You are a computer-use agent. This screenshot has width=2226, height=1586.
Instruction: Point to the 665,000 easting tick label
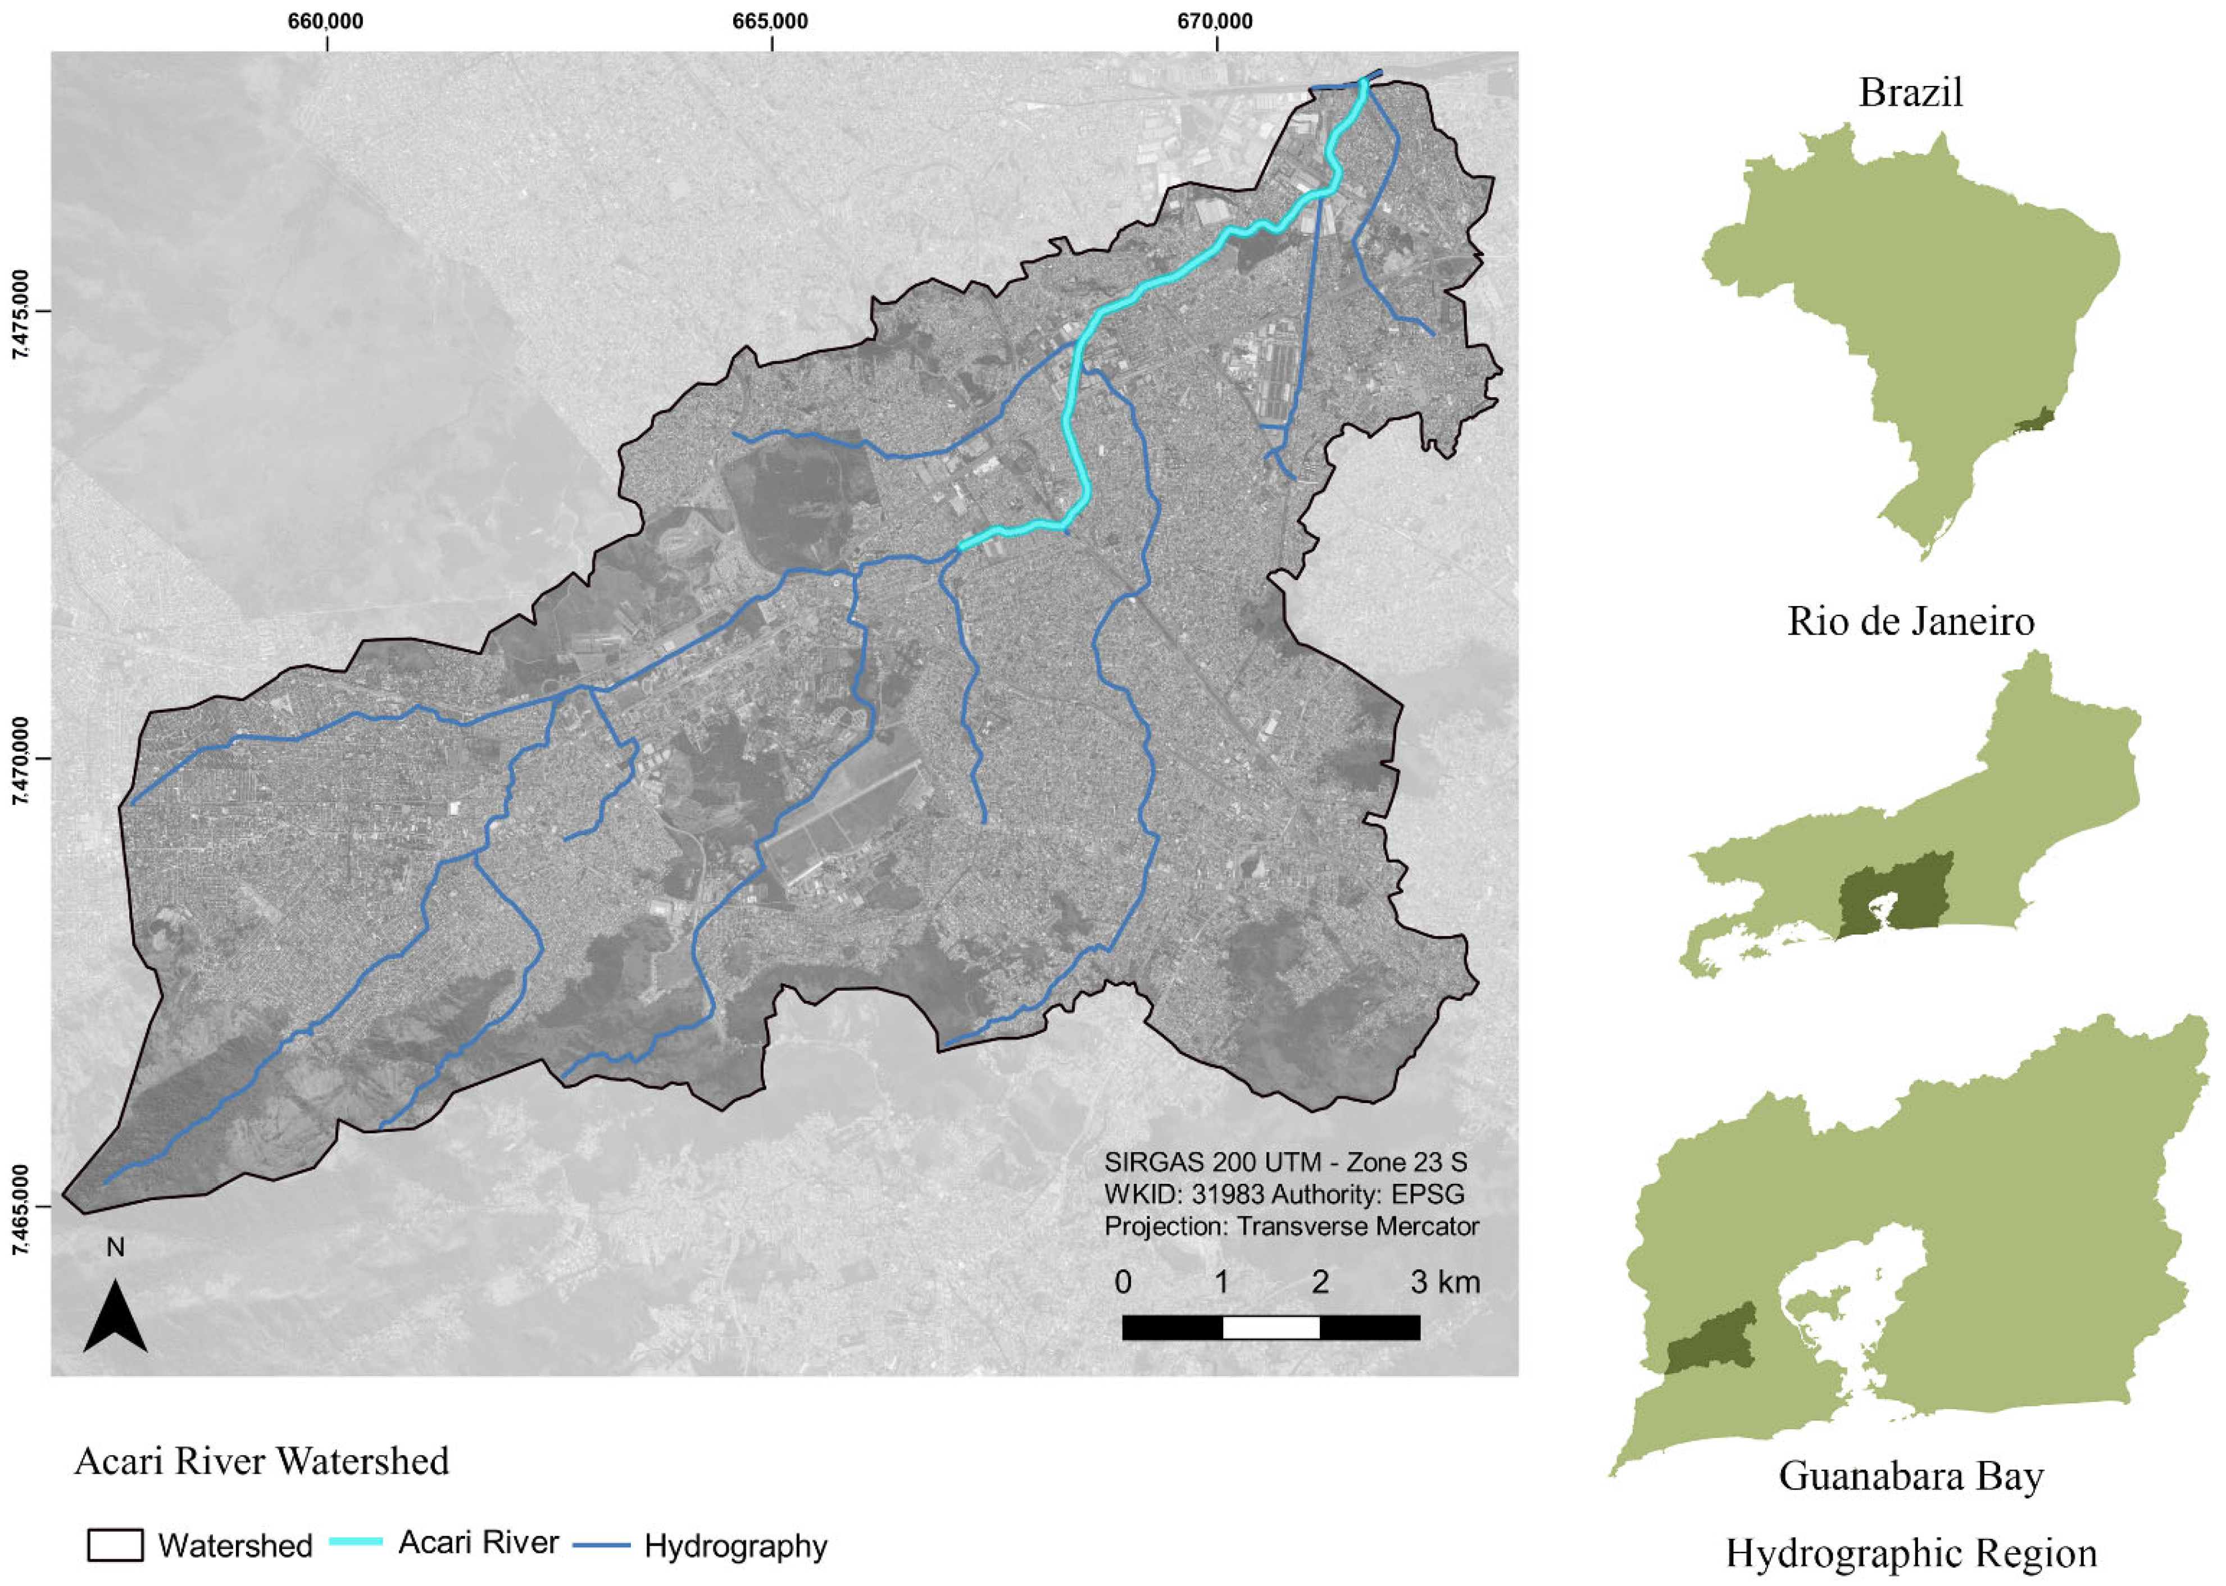point(771,21)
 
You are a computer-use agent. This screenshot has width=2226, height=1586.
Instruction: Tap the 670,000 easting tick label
point(1215,21)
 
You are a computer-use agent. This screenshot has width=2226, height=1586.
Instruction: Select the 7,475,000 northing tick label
point(21,312)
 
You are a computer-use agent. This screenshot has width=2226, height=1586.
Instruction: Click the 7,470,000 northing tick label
point(21,760)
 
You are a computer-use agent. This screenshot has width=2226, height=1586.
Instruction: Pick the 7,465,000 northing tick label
point(21,1207)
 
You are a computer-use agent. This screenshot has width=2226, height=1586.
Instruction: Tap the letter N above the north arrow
point(115,1248)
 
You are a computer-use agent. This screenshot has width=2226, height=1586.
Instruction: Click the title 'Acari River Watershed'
point(262,1461)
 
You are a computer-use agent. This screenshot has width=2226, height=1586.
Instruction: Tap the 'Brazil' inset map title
point(1910,93)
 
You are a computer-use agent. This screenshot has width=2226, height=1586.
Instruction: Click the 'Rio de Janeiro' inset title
point(1910,621)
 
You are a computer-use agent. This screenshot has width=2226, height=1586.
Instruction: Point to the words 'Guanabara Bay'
point(1910,1476)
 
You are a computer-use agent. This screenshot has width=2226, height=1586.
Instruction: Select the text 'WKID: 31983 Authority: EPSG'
point(1283,1195)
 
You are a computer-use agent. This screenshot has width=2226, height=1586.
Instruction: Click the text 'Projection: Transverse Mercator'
point(1291,1227)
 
